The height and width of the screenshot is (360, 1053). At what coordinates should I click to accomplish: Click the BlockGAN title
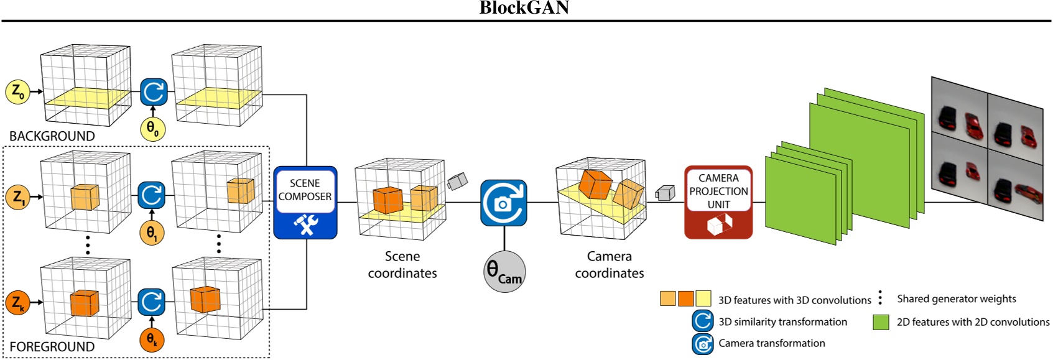pyautogui.click(x=524, y=8)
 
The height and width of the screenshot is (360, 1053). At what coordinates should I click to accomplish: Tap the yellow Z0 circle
pyautogui.click(x=17, y=92)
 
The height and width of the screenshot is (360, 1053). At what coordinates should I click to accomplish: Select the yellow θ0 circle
pyautogui.click(x=152, y=129)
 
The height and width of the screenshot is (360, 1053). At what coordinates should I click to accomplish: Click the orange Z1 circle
pyautogui.click(x=17, y=197)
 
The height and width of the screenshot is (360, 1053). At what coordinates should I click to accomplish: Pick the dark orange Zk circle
pyautogui.click(x=17, y=303)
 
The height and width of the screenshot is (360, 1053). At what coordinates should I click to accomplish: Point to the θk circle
pyautogui.click(x=152, y=340)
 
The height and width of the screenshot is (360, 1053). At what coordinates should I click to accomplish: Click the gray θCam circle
pyautogui.click(x=504, y=272)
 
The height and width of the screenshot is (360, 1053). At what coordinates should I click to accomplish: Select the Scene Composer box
pyautogui.click(x=305, y=202)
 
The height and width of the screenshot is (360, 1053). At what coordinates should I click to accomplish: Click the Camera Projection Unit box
pyautogui.click(x=718, y=202)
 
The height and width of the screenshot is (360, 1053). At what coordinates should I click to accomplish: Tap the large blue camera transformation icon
pyautogui.click(x=504, y=203)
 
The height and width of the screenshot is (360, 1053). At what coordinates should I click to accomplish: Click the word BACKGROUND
pyautogui.click(x=52, y=136)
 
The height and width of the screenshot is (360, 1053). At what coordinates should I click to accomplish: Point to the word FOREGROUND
pyautogui.click(x=52, y=346)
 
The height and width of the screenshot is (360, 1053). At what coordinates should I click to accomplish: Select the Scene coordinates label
pyautogui.click(x=402, y=265)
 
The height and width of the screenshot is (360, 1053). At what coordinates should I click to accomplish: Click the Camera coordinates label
pyautogui.click(x=609, y=265)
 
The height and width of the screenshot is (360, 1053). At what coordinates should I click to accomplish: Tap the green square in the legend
pyautogui.click(x=881, y=322)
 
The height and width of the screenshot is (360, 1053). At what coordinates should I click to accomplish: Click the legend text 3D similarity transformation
pyautogui.click(x=782, y=322)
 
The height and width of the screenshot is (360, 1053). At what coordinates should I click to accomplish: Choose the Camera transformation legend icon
pyautogui.click(x=703, y=344)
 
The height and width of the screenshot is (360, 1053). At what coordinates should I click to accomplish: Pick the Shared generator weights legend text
pyautogui.click(x=956, y=299)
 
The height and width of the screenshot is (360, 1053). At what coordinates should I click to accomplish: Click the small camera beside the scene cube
pyautogui.click(x=457, y=182)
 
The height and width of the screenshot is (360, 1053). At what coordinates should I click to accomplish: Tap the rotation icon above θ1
pyautogui.click(x=152, y=195)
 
